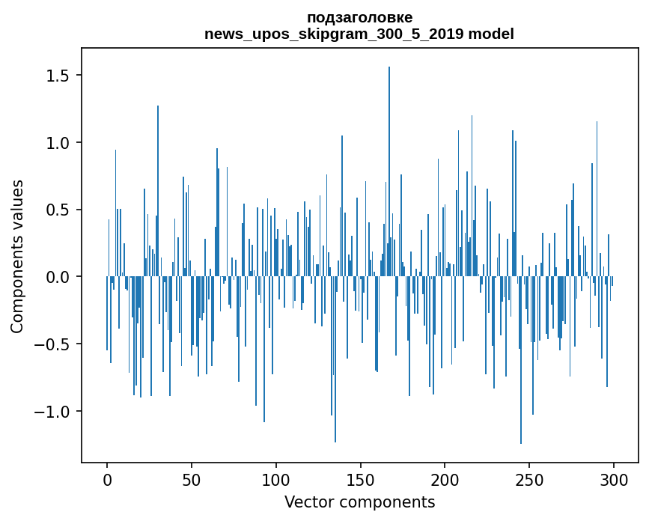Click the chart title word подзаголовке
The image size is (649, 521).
[359, 17]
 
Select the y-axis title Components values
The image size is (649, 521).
[17, 256]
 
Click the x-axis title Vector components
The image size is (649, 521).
[359, 502]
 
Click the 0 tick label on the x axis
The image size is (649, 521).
[107, 479]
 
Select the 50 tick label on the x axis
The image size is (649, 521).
[192, 479]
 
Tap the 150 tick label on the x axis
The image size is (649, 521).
[361, 479]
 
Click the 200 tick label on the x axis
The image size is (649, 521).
[445, 479]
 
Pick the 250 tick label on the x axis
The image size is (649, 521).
[529, 479]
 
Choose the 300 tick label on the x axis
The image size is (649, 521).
[614, 479]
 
